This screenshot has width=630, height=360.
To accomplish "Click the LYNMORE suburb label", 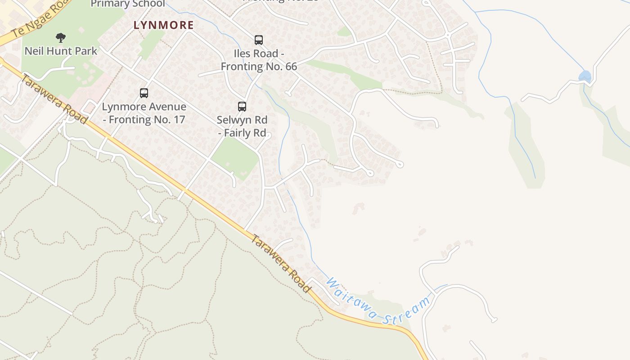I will (x=163, y=25).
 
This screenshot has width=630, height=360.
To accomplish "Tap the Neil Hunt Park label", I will (x=61, y=51).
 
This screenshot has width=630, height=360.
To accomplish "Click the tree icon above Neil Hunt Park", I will (x=61, y=37).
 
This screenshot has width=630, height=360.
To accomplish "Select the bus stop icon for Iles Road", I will (x=259, y=40).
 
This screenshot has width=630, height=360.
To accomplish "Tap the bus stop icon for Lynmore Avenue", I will (x=144, y=93).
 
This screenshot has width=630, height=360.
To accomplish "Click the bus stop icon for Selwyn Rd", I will (x=242, y=107).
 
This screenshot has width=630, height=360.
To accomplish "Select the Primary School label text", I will (x=128, y=4).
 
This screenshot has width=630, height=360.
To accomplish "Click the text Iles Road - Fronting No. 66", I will (x=259, y=60).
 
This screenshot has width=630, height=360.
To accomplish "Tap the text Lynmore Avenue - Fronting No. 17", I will (x=144, y=113).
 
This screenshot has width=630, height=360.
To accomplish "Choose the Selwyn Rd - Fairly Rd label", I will (x=242, y=126).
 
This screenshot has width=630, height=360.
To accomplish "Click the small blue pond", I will (x=585, y=76).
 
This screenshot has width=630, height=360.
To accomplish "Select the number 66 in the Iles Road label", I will (x=290, y=67).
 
